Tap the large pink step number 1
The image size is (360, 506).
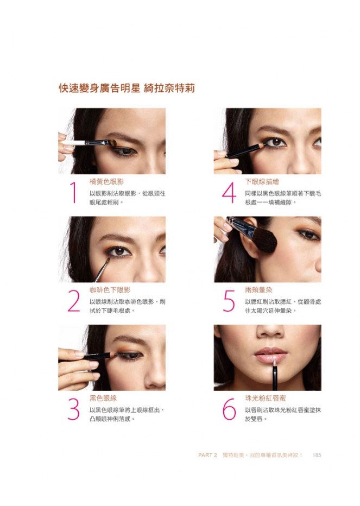(74, 193)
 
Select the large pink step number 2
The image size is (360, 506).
(74, 301)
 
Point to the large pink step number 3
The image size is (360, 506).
(74, 409)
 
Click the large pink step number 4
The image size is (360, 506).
(229, 193)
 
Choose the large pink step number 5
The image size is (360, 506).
(229, 301)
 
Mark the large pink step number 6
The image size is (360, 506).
(229, 409)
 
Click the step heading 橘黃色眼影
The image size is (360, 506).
(106, 182)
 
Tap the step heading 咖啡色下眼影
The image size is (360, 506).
(110, 290)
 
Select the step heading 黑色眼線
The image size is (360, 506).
(103, 398)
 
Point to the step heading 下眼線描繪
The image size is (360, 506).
(262, 182)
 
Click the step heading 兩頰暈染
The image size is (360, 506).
(258, 290)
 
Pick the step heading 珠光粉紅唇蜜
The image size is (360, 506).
(266, 398)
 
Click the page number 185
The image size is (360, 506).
(317, 455)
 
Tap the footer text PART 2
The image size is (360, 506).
(207, 455)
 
